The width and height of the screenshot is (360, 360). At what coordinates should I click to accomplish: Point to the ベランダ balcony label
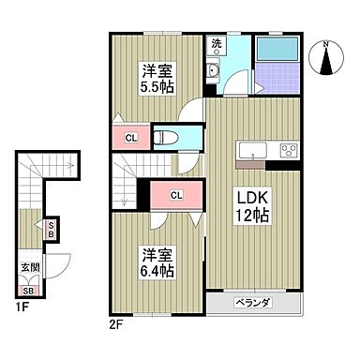click(x=252, y=303)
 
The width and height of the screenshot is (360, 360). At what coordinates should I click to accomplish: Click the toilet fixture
click(x=170, y=135)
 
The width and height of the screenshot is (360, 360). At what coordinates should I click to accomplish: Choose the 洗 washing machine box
click(x=217, y=44)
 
